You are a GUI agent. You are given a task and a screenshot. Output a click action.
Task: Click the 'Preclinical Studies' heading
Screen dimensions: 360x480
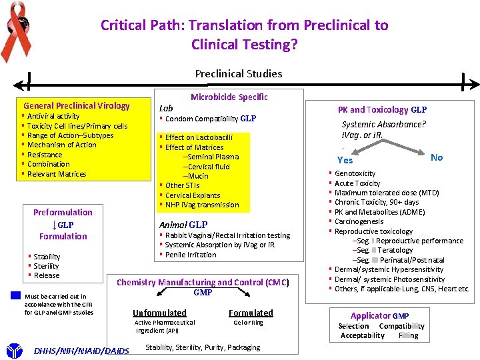[239, 73]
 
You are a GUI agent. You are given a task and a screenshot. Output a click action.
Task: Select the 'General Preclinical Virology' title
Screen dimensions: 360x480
[77, 105]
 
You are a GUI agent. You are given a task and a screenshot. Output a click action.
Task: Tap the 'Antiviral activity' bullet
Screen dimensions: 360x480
[53, 116]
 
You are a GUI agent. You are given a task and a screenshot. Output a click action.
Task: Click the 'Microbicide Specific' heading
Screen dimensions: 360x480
[229, 97]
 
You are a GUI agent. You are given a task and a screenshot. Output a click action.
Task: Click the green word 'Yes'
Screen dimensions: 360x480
[345, 160]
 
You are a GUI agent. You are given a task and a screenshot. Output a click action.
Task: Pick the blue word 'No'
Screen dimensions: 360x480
[437, 157]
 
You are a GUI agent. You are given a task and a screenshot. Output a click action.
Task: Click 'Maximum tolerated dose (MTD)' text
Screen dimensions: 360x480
[387, 193]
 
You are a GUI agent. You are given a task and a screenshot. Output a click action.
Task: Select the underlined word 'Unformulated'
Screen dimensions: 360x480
[159, 313]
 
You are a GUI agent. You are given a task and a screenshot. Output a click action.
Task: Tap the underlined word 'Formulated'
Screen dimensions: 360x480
[251, 313]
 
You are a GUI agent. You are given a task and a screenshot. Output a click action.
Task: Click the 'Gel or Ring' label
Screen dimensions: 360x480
[248, 323]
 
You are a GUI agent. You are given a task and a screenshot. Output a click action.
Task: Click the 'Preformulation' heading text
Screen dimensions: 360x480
[63, 212]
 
